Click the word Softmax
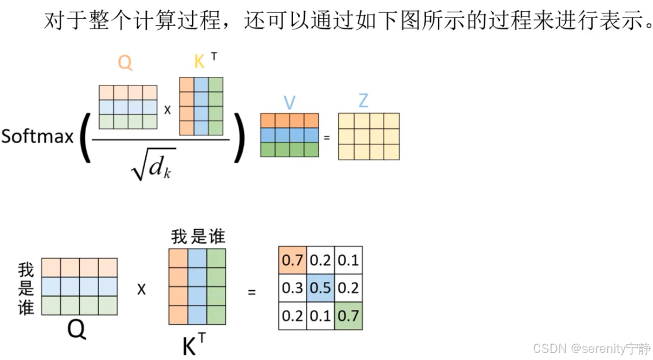[x=38, y=137]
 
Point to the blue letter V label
[x=289, y=103]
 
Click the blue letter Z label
[x=363, y=101]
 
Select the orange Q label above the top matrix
[x=125, y=62]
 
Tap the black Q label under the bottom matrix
[x=77, y=330]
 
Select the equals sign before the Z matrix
[x=327, y=137]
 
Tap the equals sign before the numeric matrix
[x=252, y=290]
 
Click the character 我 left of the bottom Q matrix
[x=26, y=270]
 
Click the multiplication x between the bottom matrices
[x=141, y=289]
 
